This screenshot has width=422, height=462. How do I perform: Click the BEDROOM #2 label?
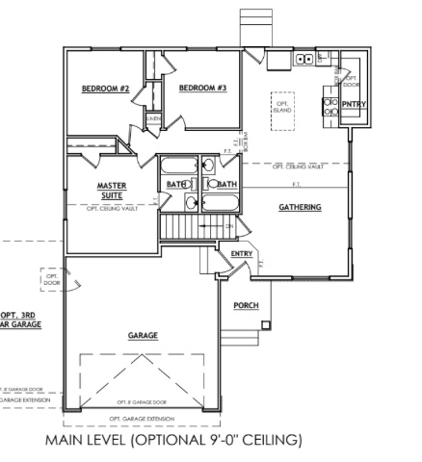[106, 89]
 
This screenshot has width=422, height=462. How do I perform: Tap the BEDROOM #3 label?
[201, 89]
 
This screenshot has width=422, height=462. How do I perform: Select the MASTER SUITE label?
[113, 189]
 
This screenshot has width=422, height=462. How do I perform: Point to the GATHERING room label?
[300, 207]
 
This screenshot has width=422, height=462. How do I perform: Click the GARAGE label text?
[143, 336]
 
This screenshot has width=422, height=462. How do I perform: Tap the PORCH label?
[246, 306]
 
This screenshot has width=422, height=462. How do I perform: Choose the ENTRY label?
[241, 253]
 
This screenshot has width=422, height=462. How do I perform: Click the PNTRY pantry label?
[354, 104]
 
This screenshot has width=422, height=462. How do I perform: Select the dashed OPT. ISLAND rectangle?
[283, 107]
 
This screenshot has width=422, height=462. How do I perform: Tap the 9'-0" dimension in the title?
[237, 441]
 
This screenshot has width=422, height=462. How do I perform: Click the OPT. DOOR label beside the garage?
[51, 280]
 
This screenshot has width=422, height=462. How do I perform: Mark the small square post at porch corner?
[263, 329]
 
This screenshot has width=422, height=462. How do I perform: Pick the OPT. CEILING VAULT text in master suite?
[113, 208]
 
